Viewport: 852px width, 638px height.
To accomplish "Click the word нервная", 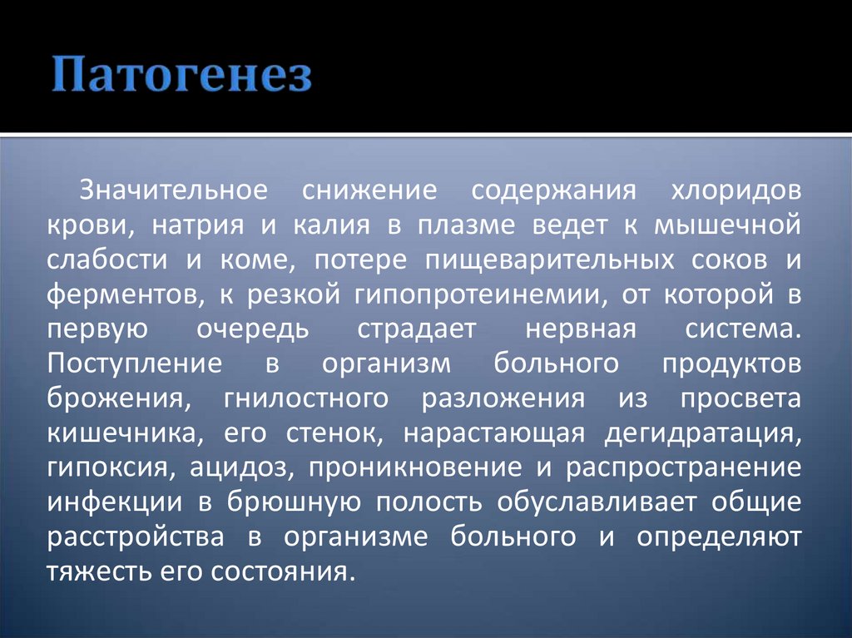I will pos(580,329).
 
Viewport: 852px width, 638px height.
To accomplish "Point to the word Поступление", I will pos(134,364).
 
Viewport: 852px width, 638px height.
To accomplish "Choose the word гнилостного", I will pos(305,398).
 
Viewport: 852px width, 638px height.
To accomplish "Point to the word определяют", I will pos(719,537).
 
